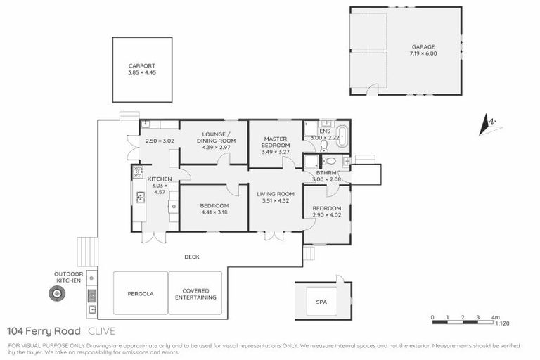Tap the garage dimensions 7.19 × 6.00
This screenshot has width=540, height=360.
424,53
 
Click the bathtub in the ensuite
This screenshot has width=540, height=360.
342,135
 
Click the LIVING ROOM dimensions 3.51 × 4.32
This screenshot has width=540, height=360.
275,200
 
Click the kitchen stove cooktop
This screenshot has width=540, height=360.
138,170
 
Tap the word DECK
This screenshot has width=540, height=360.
192,257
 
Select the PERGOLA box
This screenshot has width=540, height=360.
141,292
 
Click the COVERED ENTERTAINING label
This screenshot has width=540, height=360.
195,294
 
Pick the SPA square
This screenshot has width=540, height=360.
321,302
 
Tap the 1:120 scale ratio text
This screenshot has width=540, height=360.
502,324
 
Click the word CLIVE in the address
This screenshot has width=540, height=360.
102,331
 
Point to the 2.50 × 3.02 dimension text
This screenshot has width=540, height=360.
159,141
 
